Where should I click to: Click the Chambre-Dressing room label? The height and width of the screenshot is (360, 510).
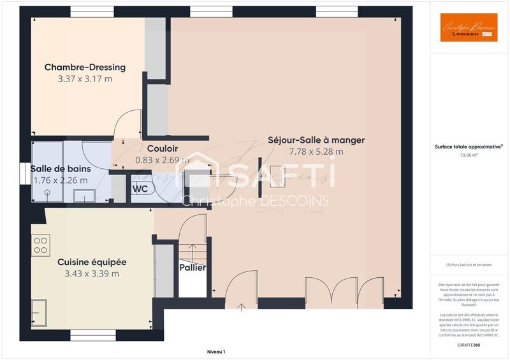(85, 67)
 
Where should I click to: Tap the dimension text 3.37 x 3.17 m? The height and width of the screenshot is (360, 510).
(85, 79)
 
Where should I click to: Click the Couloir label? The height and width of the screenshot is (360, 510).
(162, 148)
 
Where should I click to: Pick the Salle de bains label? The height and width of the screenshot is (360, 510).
(61, 169)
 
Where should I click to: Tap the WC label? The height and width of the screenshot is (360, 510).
(140, 189)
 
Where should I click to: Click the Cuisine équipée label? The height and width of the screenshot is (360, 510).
(92, 262)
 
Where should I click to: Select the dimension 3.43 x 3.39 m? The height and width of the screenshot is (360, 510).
(92, 274)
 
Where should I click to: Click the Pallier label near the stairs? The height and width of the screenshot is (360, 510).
(192, 268)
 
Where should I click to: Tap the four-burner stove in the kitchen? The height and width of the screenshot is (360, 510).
(41, 245)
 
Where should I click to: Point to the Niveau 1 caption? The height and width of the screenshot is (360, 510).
(216, 352)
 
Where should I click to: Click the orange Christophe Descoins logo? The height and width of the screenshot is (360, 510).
(469, 27)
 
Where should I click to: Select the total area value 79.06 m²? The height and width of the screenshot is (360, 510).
(469, 154)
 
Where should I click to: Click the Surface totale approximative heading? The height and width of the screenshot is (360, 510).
(469, 146)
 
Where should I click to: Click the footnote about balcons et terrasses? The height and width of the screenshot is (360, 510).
(469, 264)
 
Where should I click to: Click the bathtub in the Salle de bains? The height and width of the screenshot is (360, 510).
(48, 171)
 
